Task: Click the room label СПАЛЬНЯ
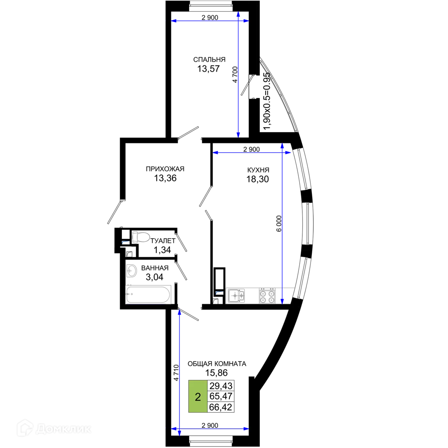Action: [x=209, y=60]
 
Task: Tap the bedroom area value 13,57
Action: [x=209, y=69]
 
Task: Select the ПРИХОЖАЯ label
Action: [x=165, y=169]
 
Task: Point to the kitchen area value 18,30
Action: [x=258, y=179]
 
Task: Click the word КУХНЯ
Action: [x=258, y=170]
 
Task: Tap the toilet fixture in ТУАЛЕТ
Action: [x=141, y=237]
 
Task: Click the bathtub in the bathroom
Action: [x=148, y=294]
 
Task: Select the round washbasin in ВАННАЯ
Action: [x=131, y=271]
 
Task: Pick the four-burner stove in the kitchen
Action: [x=267, y=296]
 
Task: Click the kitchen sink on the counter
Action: [x=237, y=296]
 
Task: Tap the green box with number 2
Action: [x=198, y=396]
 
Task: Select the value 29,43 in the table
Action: [x=221, y=386]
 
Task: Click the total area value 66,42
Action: [x=220, y=407]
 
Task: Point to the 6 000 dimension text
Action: [x=279, y=224]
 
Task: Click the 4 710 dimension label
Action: [x=176, y=373]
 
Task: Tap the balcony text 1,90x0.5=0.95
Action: [x=267, y=101]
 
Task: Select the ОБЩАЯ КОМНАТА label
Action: [x=217, y=364]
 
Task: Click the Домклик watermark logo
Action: [x=54, y=428]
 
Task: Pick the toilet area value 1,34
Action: [x=162, y=250]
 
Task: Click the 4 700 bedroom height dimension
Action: [x=235, y=74]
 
